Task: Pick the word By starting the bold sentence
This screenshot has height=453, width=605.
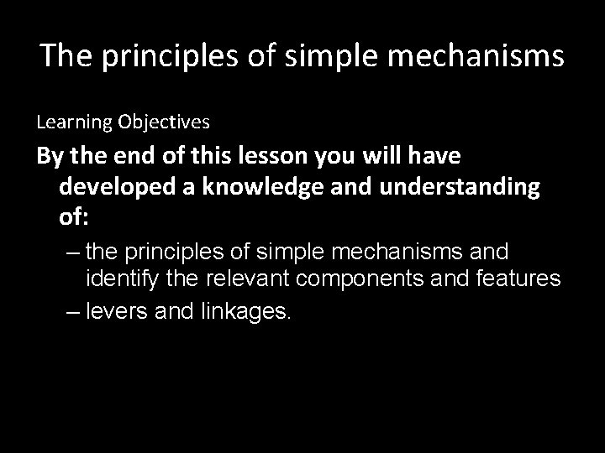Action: click(x=49, y=157)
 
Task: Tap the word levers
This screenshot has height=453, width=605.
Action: click(x=116, y=313)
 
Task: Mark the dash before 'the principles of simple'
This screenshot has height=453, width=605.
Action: click(x=73, y=252)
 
